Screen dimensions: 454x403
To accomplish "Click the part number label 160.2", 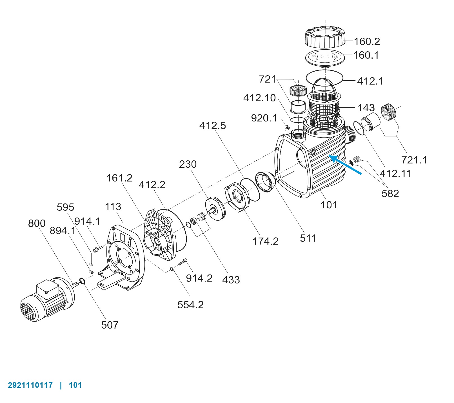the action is pos(367,41).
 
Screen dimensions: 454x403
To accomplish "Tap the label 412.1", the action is pos(370,81).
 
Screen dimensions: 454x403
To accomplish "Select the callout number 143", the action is pos(366,108).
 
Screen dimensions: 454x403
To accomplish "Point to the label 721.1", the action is pos(414,160).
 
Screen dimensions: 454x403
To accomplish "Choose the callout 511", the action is pos(308,238).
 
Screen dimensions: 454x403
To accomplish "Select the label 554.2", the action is pos(190,305).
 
